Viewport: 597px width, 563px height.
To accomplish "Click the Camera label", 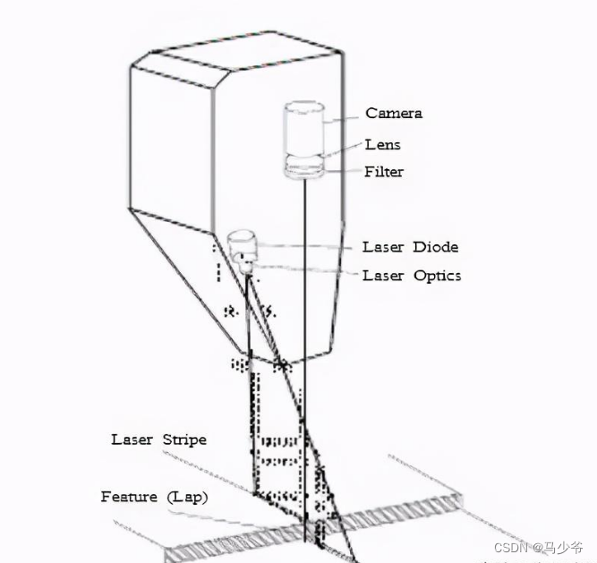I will (x=393, y=114).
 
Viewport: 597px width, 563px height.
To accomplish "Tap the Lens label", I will (x=382, y=144).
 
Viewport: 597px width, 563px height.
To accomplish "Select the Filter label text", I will (x=383, y=171).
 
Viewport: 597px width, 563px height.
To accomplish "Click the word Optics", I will (x=437, y=276).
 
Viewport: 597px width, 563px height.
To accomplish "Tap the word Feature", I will (x=129, y=497).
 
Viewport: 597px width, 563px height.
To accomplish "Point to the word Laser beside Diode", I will (x=383, y=247).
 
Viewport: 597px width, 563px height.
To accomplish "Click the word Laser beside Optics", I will (x=383, y=276).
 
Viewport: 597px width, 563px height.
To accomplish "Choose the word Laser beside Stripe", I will (x=132, y=439).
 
